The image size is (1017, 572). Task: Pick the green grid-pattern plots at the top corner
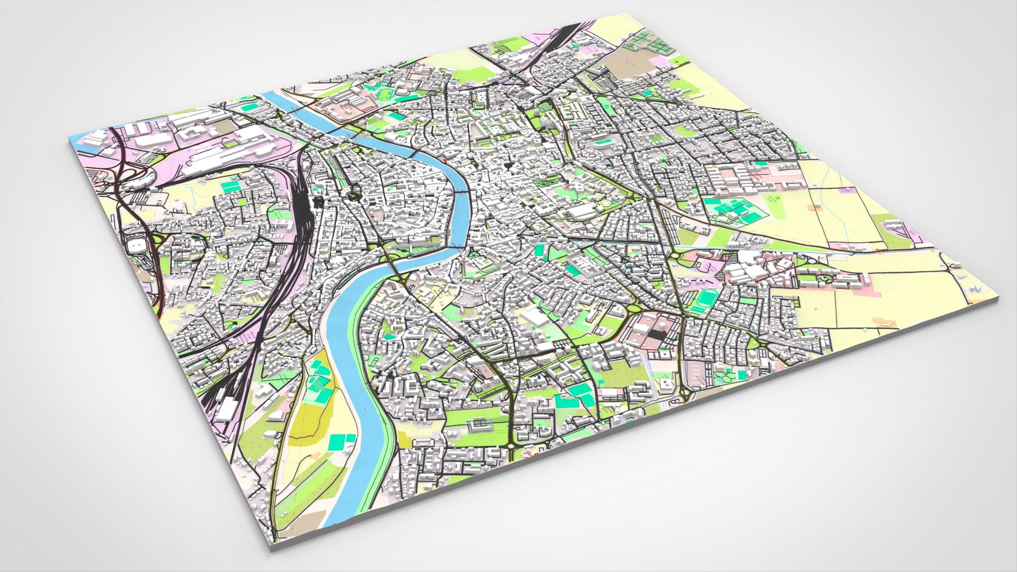pos(649,41)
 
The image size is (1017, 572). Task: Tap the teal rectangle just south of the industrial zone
pos(229,186)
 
